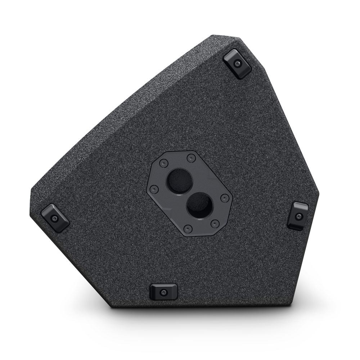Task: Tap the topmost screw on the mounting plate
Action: pyautogui.click(x=191, y=158)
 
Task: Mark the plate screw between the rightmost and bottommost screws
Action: pyautogui.click(x=215, y=223)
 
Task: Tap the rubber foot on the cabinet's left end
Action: pyautogui.click(x=55, y=217)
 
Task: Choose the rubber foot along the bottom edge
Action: pyautogui.click(x=163, y=291)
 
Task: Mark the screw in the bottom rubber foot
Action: pyautogui.click(x=164, y=292)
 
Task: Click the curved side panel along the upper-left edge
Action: pyautogui.click(x=119, y=104)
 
